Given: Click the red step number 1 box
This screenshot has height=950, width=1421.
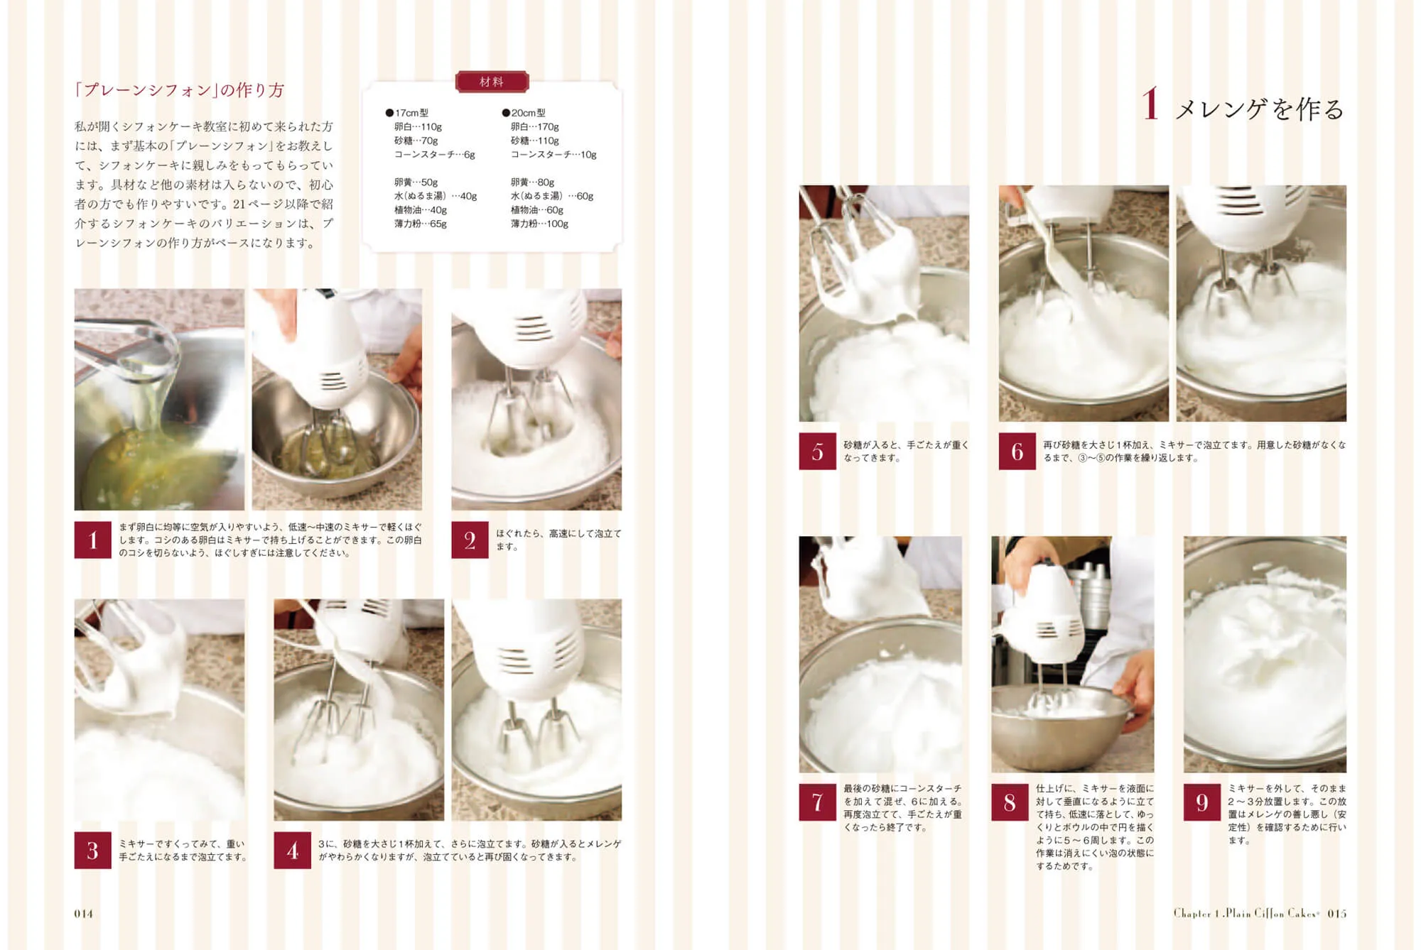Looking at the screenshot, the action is click(92, 540).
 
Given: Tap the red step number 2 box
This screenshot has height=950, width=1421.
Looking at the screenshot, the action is click(470, 540).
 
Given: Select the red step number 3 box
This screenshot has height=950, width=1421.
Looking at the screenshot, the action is click(92, 851).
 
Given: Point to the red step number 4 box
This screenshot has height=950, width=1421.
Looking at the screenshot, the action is click(292, 851).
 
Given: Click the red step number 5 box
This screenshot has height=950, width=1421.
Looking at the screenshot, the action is click(817, 452).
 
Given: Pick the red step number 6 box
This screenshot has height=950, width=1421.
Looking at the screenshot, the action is click(1017, 452).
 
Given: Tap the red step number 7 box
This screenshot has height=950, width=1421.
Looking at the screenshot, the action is click(817, 802).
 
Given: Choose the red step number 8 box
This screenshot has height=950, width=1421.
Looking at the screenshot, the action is click(1010, 802).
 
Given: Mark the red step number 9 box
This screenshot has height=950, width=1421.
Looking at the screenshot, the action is click(1202, 802).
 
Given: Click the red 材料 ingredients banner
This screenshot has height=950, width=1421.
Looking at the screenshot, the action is click(492, 82).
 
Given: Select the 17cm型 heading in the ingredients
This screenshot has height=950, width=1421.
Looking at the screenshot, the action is click(407, 113).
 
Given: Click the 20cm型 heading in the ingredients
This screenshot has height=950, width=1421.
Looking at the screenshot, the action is click(524, 113).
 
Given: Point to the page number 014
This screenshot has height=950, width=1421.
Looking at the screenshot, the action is click(84, 914).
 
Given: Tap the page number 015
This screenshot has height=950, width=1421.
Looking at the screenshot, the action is click(1337, 914).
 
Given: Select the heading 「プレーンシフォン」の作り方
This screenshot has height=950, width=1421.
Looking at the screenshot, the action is click(180, 90).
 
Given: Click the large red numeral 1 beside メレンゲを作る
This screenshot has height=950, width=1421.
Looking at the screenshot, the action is click(1150, 104).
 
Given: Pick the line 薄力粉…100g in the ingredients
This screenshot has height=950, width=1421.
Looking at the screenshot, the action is click(540, 224).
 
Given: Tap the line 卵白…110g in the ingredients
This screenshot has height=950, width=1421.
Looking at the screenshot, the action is click(418, 127).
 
